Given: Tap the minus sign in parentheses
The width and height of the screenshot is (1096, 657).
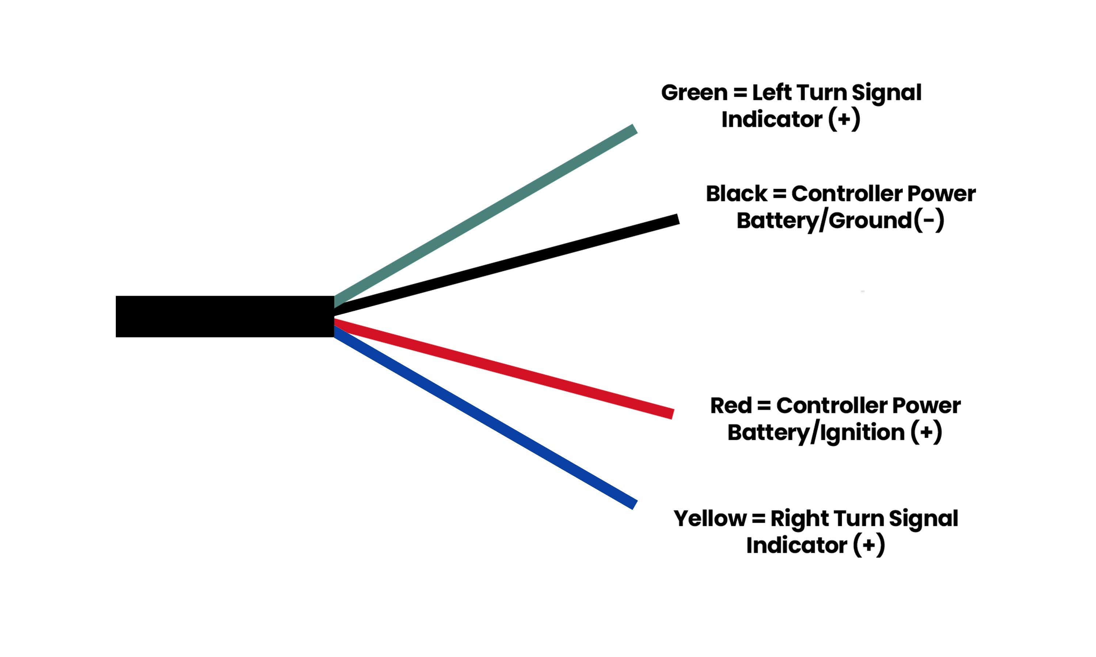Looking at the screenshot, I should [928, 220].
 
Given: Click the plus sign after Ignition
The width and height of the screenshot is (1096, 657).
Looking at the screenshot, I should [926, 432].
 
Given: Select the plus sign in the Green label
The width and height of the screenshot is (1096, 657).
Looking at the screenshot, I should [844, 119].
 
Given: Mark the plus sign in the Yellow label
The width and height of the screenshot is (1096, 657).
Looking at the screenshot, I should [869, 545].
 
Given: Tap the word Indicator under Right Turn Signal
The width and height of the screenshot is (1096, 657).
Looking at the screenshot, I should [796, 545].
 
